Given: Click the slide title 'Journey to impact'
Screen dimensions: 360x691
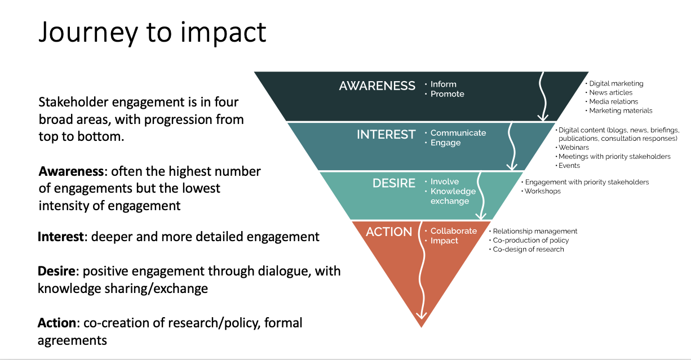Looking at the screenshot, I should tap(152, 32).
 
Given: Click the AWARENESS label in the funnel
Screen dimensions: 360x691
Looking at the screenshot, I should tap(377, 86).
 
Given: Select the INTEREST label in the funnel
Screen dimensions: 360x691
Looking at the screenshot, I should tap(386, 134).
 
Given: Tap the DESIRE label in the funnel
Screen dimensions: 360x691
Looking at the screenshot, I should tap(393, 183).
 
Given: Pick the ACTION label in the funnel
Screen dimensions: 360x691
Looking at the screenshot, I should tap(389, 232).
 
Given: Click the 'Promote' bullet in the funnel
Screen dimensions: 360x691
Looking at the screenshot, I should tap(447, 94).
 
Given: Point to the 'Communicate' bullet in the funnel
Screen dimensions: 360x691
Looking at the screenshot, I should tap(458, 133).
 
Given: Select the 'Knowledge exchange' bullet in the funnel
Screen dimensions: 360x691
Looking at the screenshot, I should tap(453, 196).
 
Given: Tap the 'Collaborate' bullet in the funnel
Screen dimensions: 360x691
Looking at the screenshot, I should tap(453, 231).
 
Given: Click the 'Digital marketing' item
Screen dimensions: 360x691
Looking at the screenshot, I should tap(616, 84).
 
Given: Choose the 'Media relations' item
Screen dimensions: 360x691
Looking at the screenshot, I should tap(613, 102).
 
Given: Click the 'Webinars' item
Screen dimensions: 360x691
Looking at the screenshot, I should tap(574, 148).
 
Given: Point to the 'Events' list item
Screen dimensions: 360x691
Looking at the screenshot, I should tap(569, 166).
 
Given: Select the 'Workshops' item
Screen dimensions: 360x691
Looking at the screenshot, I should tap(542, 192).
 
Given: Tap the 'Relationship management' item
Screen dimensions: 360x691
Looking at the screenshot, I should tap(535, 232).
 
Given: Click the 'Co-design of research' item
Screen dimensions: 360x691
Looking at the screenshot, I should tap(528, 250).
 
